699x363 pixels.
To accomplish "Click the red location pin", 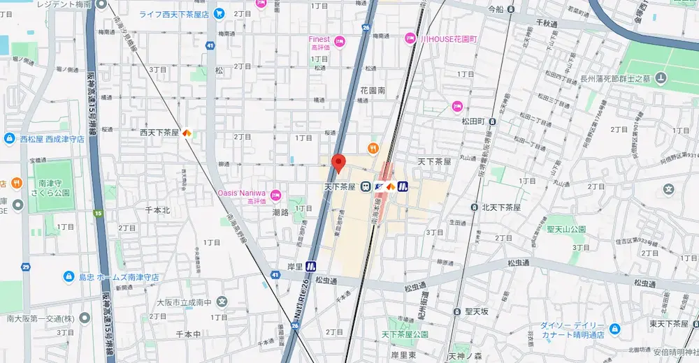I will [338, 163].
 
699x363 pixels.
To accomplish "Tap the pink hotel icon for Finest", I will [340, 43].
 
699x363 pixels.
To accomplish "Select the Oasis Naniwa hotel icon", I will [275, 195].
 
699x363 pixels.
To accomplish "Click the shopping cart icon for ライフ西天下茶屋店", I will [219, 13].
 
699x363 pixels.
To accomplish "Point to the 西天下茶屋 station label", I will [160, 132].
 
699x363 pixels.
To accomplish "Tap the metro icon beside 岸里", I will [311, 265].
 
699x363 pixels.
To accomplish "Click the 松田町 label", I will [473, 121].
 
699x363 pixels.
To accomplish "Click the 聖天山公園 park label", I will [566, 228].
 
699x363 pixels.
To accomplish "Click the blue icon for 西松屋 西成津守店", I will [9, 139].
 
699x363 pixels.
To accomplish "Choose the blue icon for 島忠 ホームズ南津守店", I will [69, 277].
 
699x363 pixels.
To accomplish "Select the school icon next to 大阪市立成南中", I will [222, 302].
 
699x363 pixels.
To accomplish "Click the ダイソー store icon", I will [614, 329].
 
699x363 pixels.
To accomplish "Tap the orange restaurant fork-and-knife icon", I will [374, 147].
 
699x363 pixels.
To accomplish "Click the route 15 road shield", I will [99, 213].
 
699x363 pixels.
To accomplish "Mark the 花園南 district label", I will [373, 91].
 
